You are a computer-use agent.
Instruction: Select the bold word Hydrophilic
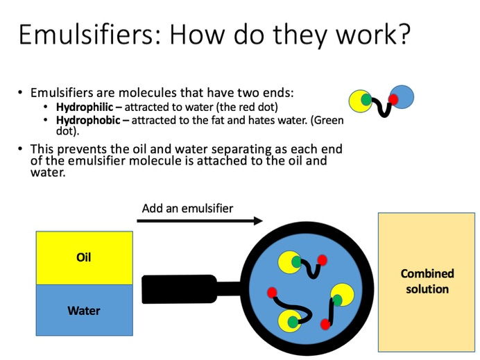coord(85,107)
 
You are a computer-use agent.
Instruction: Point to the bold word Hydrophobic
coord(88,120)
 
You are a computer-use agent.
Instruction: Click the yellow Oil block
coord(85,258)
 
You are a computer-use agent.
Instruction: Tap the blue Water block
coord(85,310)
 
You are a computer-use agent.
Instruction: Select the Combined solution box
coord(427,282)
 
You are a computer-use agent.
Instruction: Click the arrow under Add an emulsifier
coord(200,221)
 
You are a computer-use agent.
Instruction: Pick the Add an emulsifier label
coord(187,209)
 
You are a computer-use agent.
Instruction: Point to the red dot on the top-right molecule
coord(393,99)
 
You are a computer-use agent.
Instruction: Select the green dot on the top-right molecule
coord(366,99)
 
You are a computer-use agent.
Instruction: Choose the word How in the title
coord(198,34)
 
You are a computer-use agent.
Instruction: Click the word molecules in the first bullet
coord(148,92)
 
